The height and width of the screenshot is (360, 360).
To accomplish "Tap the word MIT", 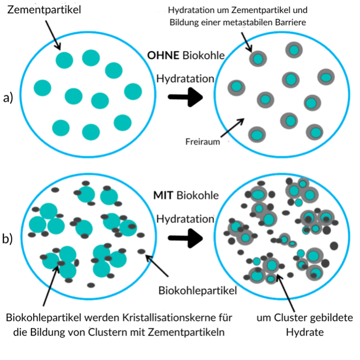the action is (x=163, y=195).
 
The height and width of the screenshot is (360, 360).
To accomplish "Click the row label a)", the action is (x=8, y=97).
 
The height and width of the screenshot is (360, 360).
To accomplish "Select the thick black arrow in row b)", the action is (x=186, y=238).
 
